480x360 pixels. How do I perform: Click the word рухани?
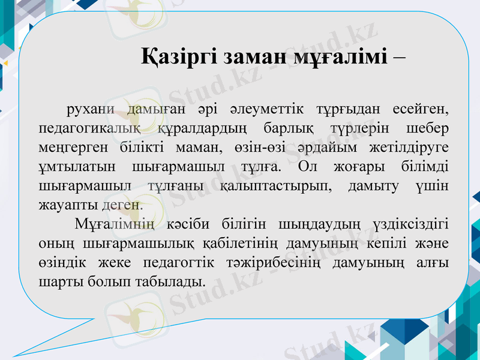tap(91, 110)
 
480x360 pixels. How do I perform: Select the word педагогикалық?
tap(89, 128)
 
